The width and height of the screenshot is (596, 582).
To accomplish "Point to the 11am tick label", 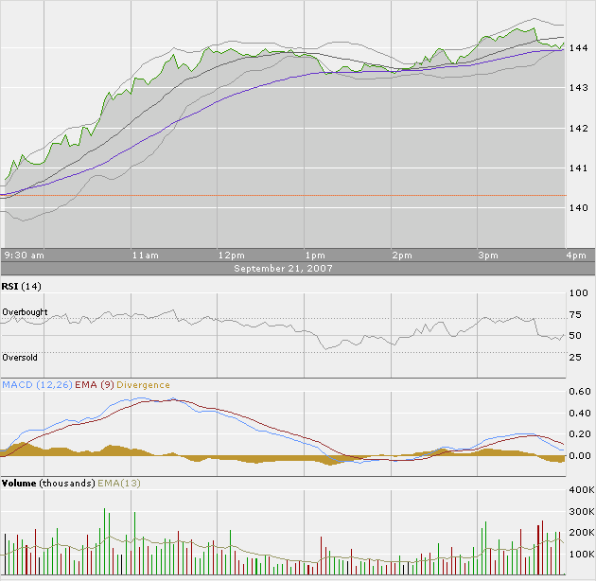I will point(145,256).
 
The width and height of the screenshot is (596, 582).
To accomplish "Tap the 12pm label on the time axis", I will point(231,256).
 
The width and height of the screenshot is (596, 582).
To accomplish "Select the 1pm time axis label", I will point(315,256).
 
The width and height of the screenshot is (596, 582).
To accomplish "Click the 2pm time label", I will point(401,256).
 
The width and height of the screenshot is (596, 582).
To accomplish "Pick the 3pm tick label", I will point(487,256).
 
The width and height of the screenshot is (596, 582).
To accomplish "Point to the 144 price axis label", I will point(579,47).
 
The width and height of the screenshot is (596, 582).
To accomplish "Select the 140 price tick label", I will point(579,207).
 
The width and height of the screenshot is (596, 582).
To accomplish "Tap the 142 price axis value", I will point(579,128).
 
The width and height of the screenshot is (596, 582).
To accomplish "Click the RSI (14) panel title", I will point(22,286).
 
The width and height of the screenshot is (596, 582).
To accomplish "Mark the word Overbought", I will point(25,312).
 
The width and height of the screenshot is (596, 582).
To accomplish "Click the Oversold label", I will point(20,358).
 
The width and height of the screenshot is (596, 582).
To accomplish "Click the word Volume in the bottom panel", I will point(19,484).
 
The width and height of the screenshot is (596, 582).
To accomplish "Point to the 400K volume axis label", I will point(579,490).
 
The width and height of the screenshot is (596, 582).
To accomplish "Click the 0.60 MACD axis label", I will point(579,392).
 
